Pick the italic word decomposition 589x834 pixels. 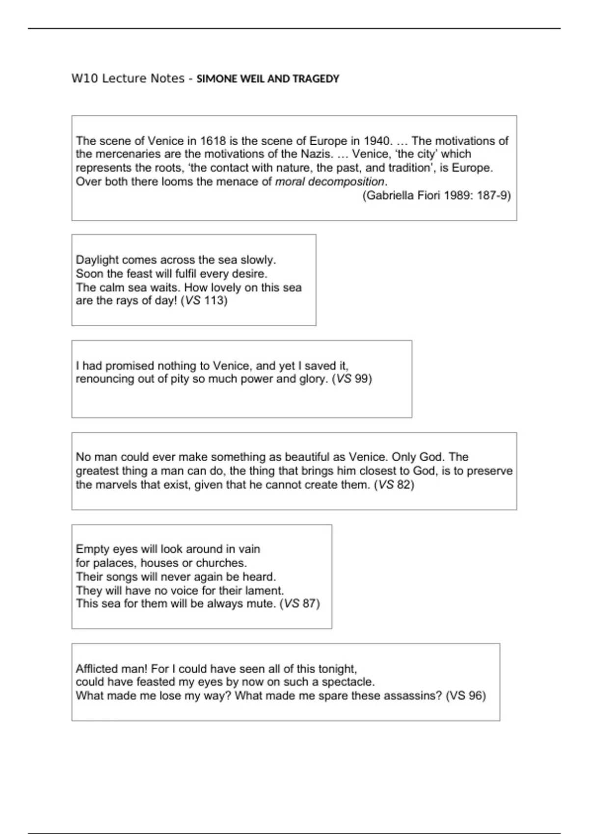346,182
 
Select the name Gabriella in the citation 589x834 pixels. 390,196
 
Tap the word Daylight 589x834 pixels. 97,260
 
